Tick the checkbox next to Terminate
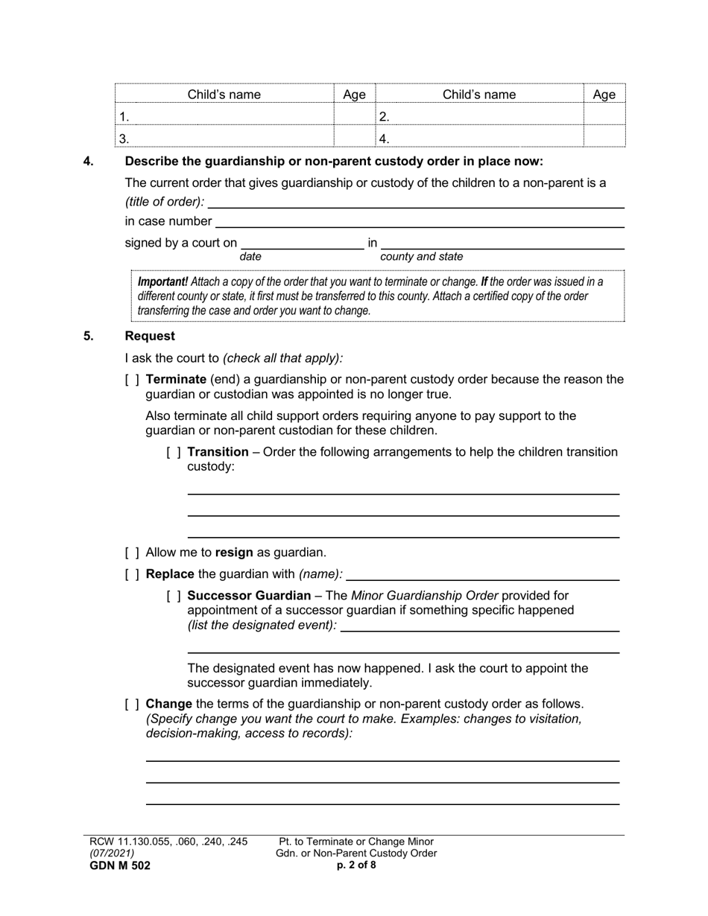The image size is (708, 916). pyautogui.click(x=132, y=380)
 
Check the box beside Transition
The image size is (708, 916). pyautogui.click(x=174, y=452)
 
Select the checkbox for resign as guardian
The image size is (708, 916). pyautogui.click(x=132, y=553)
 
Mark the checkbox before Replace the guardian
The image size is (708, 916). pyautogui.click(x=132, y=574)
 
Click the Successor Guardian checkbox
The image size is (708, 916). pyautogui.click(x=174, y=596)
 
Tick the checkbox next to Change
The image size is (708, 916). pyautogui.click(x=132, y=704)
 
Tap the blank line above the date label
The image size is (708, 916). pyautogui.click(x=302, y=243)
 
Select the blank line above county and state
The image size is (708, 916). pyautogui.click(x=502, y=243)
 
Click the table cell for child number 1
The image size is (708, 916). pyautogui.click(x=224, y=116)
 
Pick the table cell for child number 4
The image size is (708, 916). pyautogui.click(x=479, y=138)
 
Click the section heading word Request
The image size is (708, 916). pyautogui.click(x=150, y=336)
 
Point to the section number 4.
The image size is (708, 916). pyautogui.click(x=88, y=162)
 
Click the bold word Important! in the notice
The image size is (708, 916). pyautogui.click(x=162, y=282)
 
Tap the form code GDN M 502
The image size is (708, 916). pyautogui.click(x=120, y=865)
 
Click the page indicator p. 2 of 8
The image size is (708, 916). pyautogui.click(x=356, y=865)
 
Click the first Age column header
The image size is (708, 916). pyautogui.click(x=354, y=95)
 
